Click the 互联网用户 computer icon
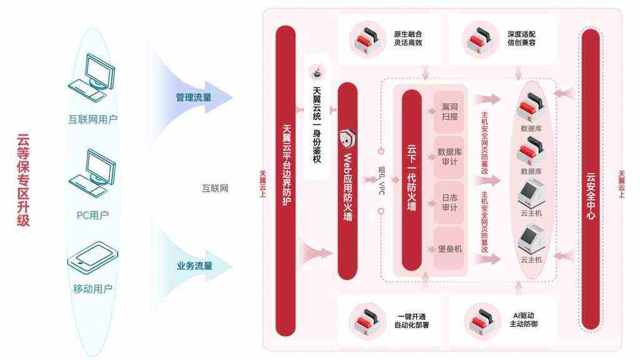(91, 78)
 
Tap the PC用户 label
(92, 215)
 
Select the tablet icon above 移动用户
(92, 258)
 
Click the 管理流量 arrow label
(194, 97)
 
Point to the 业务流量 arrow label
(194, 266)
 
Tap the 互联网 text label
(215, 188)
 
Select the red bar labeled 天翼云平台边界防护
(286, 181)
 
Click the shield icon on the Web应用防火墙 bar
(347, 139)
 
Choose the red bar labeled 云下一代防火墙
(411, 180)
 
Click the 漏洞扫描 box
(449, 112)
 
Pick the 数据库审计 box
(449, 157)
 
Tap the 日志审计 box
(449, 202)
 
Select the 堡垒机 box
(449, 249)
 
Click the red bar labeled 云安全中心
(591, 179)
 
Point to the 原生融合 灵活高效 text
(407, 38)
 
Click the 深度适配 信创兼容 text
(521, 38)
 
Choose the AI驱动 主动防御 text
(523, 320)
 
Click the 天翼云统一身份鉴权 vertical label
(317, 124)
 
